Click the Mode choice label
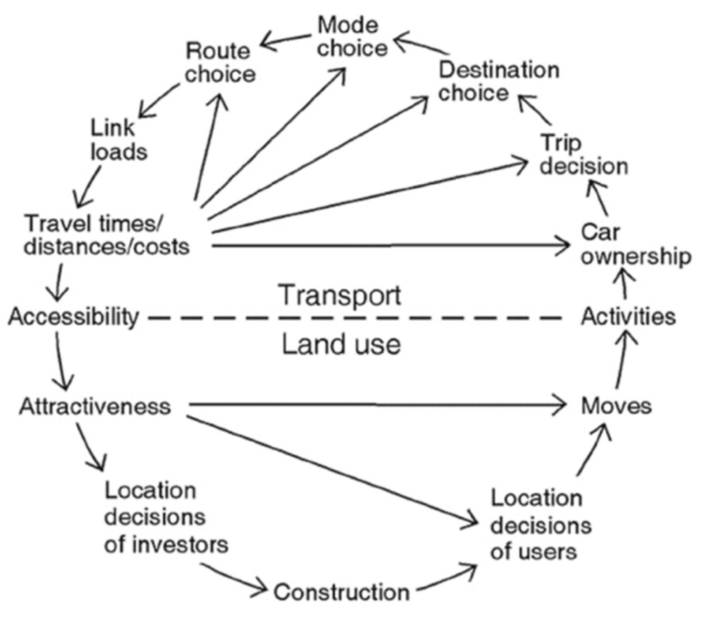coord(352,38)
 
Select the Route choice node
coord(220,63)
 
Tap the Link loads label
coord(118,140)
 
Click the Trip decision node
coord(583,155)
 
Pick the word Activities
coord(627,317)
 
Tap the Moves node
coord(616,406)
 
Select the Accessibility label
coord(74,317)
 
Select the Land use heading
coord(341,344)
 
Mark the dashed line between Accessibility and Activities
coord(355,318)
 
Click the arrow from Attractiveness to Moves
coord(375,405)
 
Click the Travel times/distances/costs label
coord(107,236)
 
